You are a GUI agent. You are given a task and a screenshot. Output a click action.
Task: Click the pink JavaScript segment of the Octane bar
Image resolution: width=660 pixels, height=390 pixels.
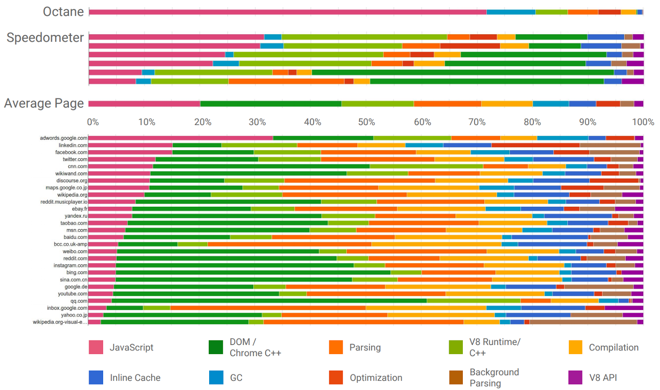[288, 12]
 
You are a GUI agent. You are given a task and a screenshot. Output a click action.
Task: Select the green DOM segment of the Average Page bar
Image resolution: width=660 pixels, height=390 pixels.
[271, 104]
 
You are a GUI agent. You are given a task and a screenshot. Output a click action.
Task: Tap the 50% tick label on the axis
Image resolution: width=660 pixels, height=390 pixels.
[366, 122]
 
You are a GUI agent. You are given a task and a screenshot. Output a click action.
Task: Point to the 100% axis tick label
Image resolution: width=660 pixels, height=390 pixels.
[643, 122]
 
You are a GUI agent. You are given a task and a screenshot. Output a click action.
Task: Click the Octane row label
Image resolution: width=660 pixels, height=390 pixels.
[63, 12]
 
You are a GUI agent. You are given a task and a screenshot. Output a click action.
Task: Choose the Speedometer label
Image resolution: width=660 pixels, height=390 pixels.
[45, 38]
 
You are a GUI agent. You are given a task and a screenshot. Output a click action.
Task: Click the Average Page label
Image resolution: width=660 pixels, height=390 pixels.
[44, 103]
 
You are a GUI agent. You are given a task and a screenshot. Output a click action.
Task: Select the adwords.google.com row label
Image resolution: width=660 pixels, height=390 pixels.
[64, 138]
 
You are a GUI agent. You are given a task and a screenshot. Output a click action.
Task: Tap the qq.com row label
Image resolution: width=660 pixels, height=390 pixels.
[79, 301]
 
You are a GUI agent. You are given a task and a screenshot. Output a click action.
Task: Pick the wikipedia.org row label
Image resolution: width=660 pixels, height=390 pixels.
[72, 195]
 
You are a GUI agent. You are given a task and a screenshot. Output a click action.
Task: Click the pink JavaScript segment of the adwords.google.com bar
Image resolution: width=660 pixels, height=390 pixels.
[180, 138]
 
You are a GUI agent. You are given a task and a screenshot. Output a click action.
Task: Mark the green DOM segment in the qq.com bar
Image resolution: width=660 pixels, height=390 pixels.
[269, 301]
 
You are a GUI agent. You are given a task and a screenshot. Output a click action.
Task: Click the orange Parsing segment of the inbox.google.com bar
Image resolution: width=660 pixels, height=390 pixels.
[268, 308]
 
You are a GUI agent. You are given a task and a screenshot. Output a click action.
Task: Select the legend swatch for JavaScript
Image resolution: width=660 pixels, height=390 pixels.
[96, 347]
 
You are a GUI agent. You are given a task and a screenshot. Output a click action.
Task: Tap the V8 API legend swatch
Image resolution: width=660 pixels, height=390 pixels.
[575, 378]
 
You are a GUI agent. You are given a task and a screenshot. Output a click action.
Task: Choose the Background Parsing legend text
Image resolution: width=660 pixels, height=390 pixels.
[494, 378]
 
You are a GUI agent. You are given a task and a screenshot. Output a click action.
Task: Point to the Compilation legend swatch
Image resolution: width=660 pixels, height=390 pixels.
[575, 347]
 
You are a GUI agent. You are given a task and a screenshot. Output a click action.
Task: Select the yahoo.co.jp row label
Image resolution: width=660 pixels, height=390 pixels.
[74, 315]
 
